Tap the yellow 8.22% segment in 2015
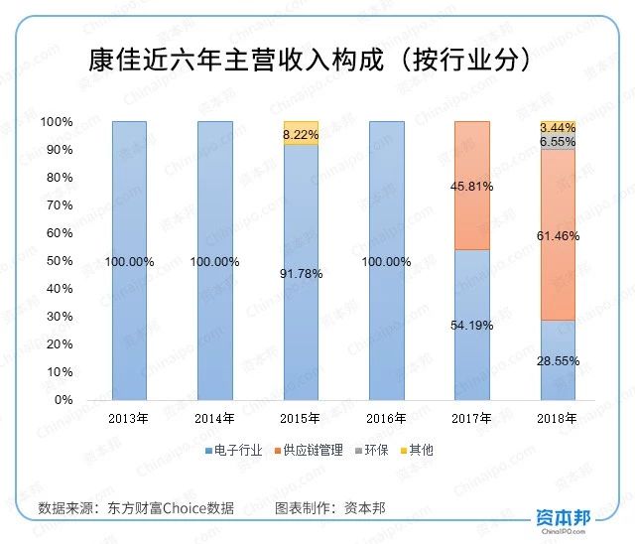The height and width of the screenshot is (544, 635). [x=301, y=133]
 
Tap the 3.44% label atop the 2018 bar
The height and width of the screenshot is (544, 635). [x=557, y=128]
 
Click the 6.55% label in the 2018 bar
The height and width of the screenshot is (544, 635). [x=557, y=142]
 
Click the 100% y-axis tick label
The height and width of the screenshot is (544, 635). [x=57, y=122]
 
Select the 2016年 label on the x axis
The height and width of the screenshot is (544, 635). [x=386, y=417]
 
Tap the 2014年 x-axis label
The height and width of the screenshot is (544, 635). [x=214, y=417]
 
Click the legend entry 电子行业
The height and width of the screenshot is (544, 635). [x=238, y=450]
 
